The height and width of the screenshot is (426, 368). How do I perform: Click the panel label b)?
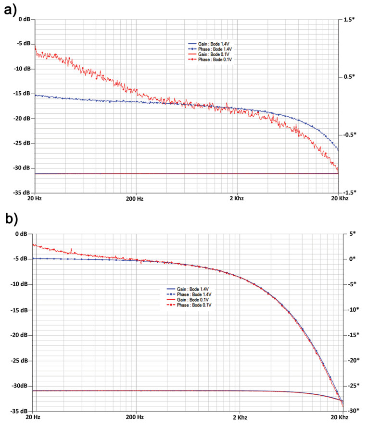(x=11, y=219)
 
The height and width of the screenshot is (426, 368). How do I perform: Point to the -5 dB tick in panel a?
(x=22, y=44)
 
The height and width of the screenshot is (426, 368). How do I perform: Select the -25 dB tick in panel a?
(x=21, y=143)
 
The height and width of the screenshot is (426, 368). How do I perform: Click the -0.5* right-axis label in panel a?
(x=350, y=134)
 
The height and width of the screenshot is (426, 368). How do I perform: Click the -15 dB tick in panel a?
(x=21, y=94)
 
